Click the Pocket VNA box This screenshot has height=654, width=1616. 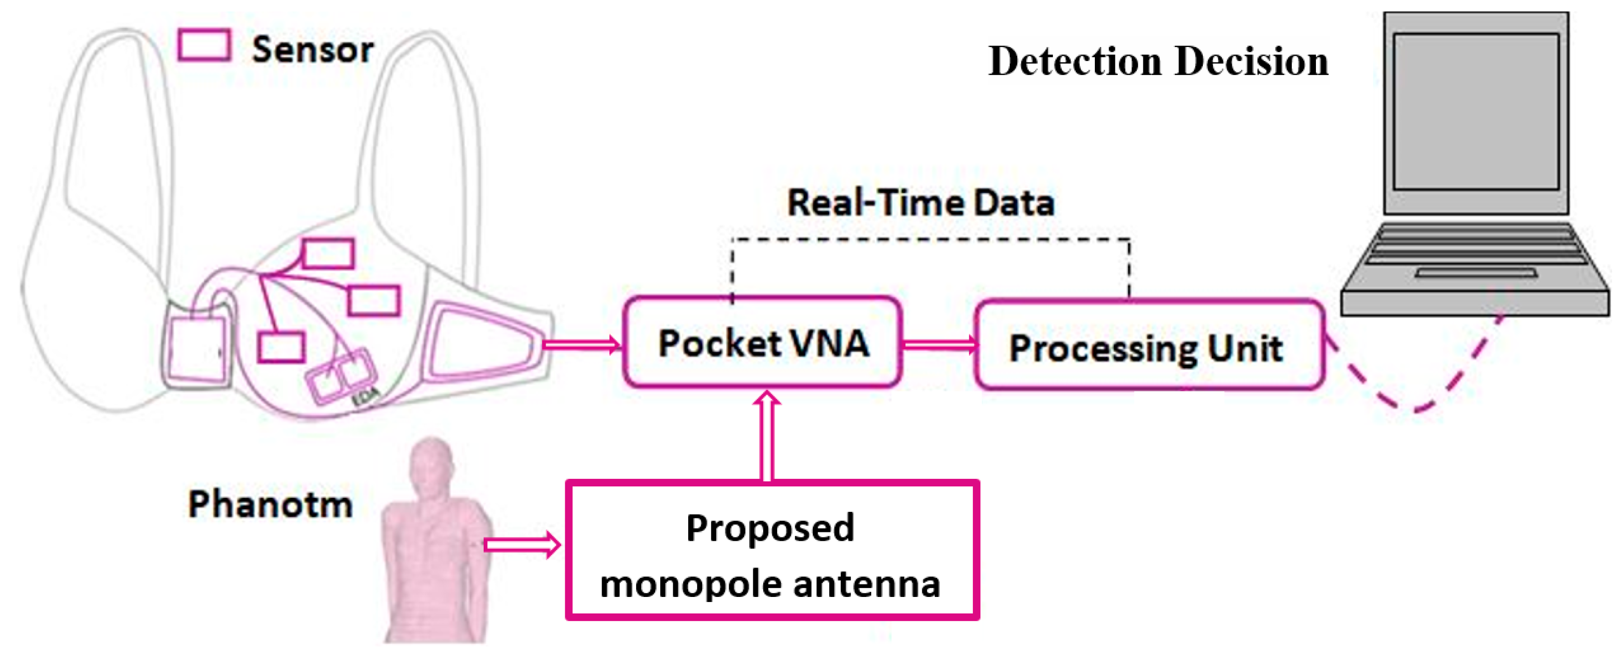coord(762,342)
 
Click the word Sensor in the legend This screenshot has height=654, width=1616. coord(313,49)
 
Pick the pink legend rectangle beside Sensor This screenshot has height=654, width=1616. coord(204,45)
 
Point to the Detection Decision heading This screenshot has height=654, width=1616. coord(1157,62)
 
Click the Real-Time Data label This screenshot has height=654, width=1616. coord(920,203)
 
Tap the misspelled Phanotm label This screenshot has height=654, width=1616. coord(270,504)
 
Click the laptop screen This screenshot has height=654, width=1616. coord(1475,112)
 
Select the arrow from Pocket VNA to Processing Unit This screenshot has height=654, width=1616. coord(939,344)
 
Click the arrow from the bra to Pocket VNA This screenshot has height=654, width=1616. coord(580,344)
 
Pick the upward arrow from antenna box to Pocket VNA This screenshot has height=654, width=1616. coord(766,436)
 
